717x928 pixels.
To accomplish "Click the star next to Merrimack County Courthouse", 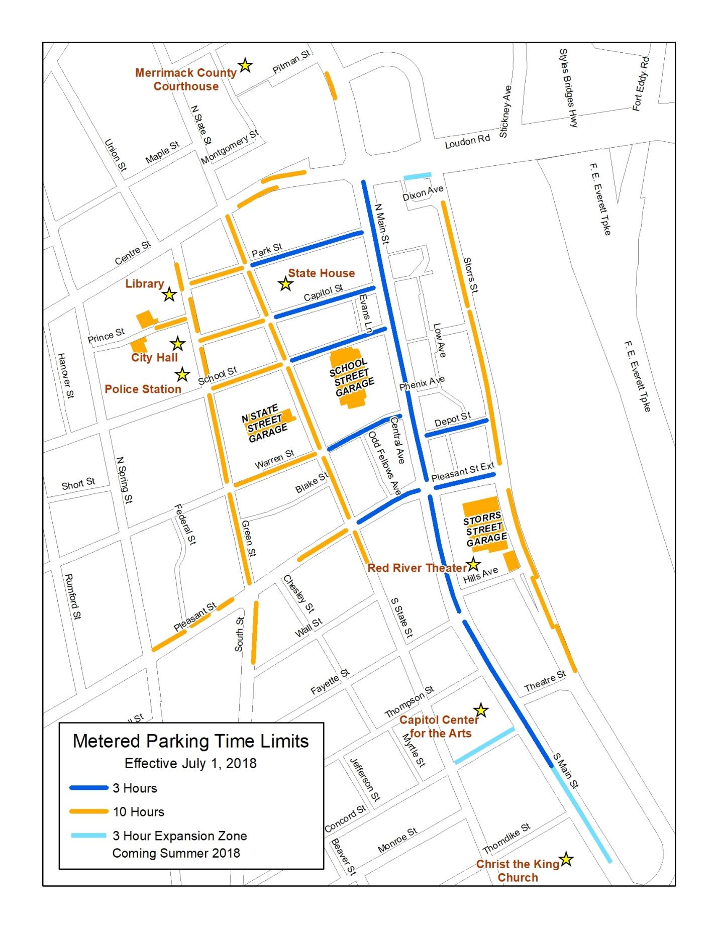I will [245, 65].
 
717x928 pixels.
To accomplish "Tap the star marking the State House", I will [286, 284].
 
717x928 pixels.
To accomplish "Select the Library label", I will [144, 284].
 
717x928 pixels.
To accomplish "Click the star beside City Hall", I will [177, 344].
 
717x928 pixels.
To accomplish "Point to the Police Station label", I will [143, 389].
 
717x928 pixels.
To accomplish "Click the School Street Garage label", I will [352, 377].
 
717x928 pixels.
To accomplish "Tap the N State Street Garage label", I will [265, 424].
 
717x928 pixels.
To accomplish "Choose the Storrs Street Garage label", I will [484, 529].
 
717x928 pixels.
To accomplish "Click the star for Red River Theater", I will [473, 565].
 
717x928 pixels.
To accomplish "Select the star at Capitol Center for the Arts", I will [481, 710].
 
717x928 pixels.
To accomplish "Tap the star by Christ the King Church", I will [566, 860].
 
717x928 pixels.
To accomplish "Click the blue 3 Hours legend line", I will [89, 788].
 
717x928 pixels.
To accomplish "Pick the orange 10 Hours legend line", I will [89, 811].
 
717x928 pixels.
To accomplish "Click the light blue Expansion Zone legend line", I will [89, 836].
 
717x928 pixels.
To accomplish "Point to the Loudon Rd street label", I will [467, 142].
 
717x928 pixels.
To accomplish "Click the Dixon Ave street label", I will [423, 193].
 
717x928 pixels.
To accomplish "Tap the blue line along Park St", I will [306, 248].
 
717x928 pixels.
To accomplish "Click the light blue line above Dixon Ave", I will [418, 176].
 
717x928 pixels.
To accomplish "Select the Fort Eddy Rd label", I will [641, 84].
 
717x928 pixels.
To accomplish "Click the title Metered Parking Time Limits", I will [191, 741].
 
